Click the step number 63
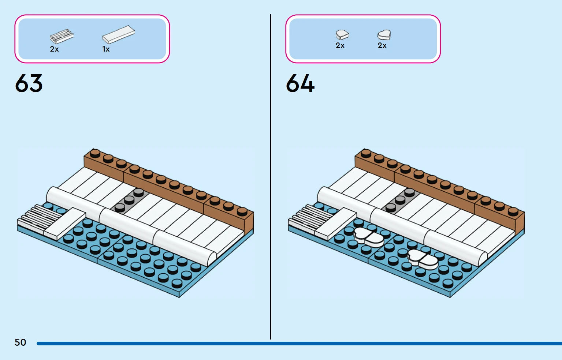[29, 83]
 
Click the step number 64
[300, 83]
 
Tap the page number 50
[21, 342]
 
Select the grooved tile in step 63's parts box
[62, 37]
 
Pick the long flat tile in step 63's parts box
[118, 35]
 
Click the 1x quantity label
[106, 49]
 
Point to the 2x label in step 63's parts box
[54, 49]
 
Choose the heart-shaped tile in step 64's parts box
[384, 35]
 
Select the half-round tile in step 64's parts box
[342, 35]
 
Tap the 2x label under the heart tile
[382, 45]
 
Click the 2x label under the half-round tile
[340, 45]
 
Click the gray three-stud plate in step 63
[130, 200]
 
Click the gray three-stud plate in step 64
[401, 200]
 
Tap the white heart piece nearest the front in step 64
[423, 259]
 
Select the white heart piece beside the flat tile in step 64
[369, 237]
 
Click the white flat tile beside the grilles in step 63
[65, 223]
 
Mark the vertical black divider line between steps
[271, 177]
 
